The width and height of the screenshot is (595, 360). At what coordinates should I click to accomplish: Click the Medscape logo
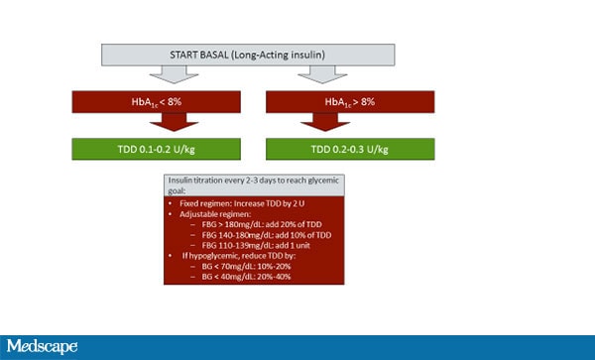44,347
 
